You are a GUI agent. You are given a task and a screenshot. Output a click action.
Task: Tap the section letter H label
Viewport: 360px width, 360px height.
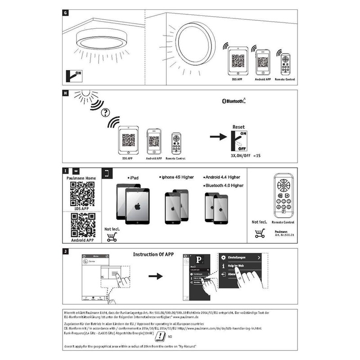pyautogui.click(x=66, y=94)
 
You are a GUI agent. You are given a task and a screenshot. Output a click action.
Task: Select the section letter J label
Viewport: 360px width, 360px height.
pyautogui.click(x=66, y=251)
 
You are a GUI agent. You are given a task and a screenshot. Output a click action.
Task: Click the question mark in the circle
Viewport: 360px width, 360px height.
pyautogui.click(x=107, y=112)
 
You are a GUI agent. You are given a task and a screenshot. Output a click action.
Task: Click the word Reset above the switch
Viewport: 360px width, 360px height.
pyautogui.click(x=238, y=127)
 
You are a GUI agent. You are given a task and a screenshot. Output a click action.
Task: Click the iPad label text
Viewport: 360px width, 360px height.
pyautogui.click(x=134, y=178)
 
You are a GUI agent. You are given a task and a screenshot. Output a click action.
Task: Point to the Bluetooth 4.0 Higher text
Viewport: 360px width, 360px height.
pyautogui.click(x=224, y=185)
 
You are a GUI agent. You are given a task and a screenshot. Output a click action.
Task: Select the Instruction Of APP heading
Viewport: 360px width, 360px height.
pyautogui.click(x=153, y=254)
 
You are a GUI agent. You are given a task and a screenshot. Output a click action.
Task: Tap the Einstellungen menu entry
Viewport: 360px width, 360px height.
pyautogui.click(x=238, y=258)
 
